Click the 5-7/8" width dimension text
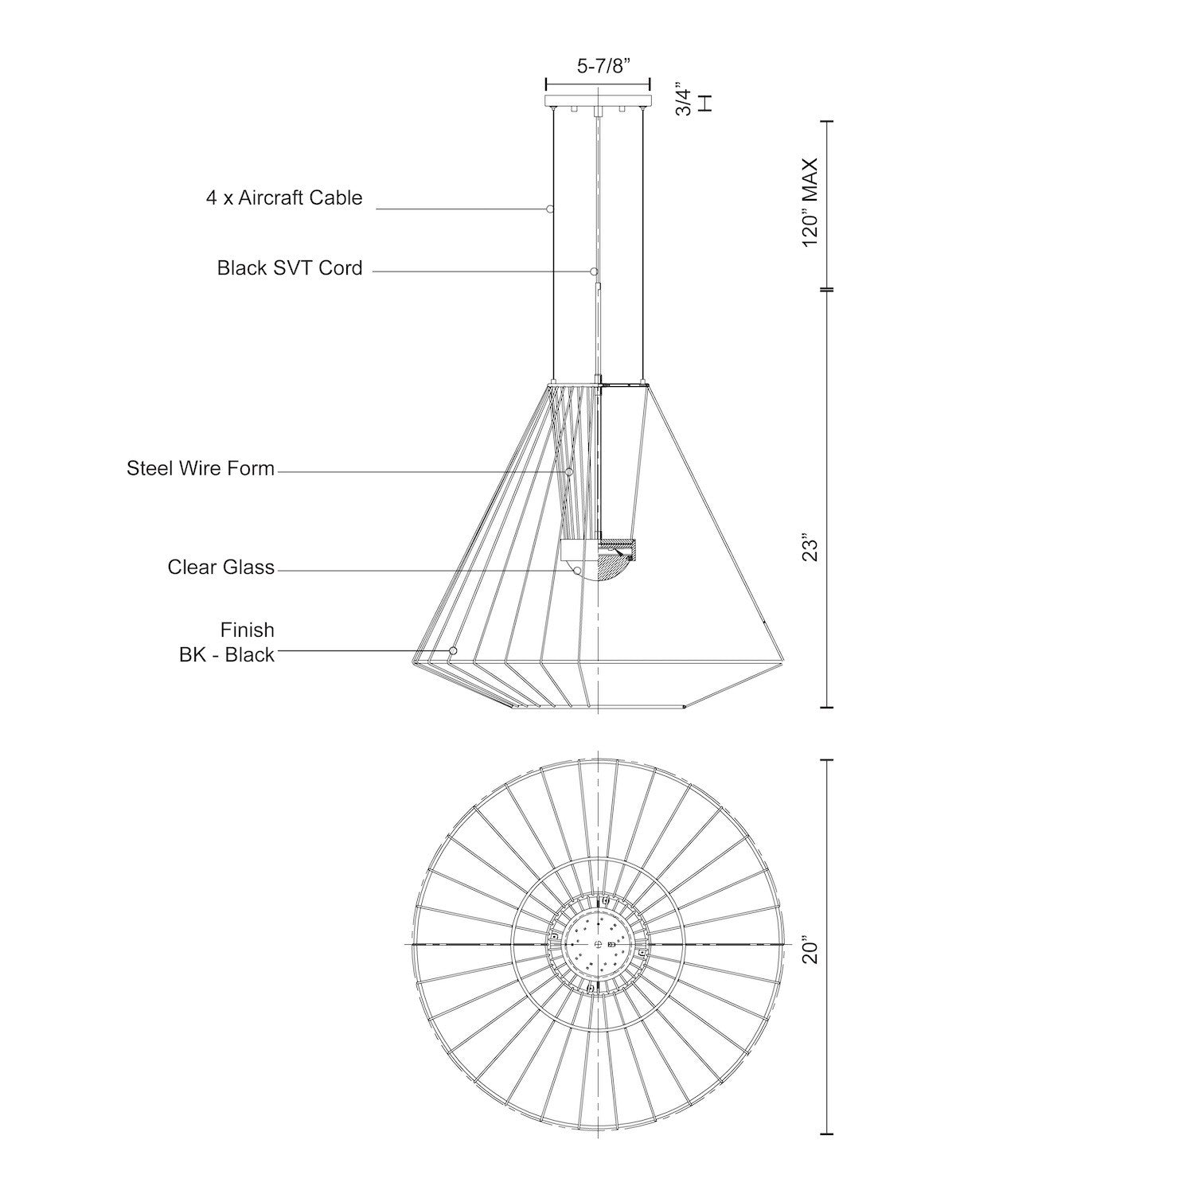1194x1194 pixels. pyautogui.click(x=603, y=66)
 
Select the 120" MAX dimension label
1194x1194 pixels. pyautogui.click(x=810, y=202)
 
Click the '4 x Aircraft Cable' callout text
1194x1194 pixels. pyautogui.click(x=284, y=198)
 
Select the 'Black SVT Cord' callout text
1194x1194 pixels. pyautogui.click(x=290, y=267)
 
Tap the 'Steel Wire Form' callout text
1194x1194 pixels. pyautogui.click(x=201, y=468)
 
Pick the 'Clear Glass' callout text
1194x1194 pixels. pyautogui.click(x=221, y=567)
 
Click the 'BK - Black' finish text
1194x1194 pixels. pyautogui.click(x=227, y=654)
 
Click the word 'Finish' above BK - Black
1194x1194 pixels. pyautogui.click(x=248, y=630)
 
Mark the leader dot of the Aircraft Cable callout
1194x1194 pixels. pyautogui.click(x=550, y=209)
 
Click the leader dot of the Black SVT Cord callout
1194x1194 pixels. pyautogui.click(x=594, y=271)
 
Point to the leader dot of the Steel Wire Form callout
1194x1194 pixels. pyautogui.click(x=570, y=472)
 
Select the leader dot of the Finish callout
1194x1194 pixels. pyautogui.click(x=453, y=650)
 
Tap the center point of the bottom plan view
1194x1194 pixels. pyautogui.click(x=597, y=943)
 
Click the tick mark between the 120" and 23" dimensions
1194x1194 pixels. pyautogui.click(x=827, y=289)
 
